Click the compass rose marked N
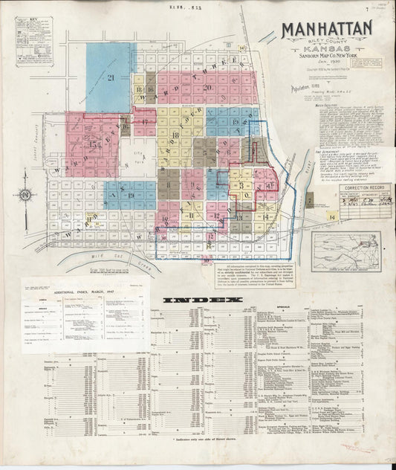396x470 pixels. click(x=25, y=195)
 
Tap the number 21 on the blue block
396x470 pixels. click(x=110, y=77)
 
